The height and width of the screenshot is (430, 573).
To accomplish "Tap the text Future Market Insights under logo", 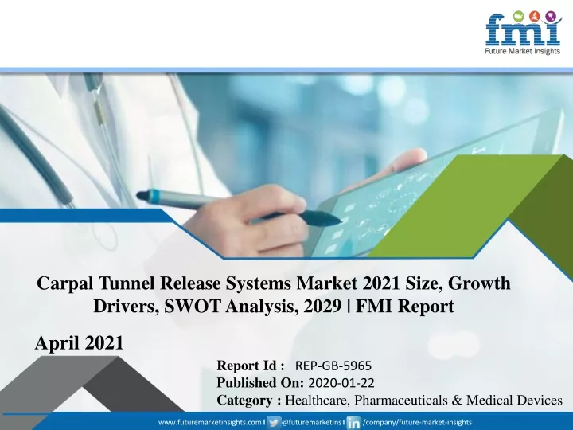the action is pos(523,51).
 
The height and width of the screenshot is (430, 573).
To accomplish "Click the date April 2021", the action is pos(80,343).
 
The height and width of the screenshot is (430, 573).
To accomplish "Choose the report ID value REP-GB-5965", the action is pos(333,365).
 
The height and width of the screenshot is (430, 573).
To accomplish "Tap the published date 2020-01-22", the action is pos(341,383).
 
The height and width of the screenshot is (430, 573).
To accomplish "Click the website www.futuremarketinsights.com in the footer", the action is pos(210,422).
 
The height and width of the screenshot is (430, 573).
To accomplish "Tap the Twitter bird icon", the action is pos(273,422).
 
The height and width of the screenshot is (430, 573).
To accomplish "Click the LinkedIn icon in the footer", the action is pos(353,423).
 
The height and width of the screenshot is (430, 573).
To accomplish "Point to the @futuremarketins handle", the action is pos(311,422).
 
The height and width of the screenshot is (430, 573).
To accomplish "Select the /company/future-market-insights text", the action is pos(417,422).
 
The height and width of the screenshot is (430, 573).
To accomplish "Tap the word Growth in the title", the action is pos(479,283).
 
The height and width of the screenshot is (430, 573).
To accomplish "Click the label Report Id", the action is pos(251,365).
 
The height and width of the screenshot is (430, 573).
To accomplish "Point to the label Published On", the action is pos(260,383).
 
